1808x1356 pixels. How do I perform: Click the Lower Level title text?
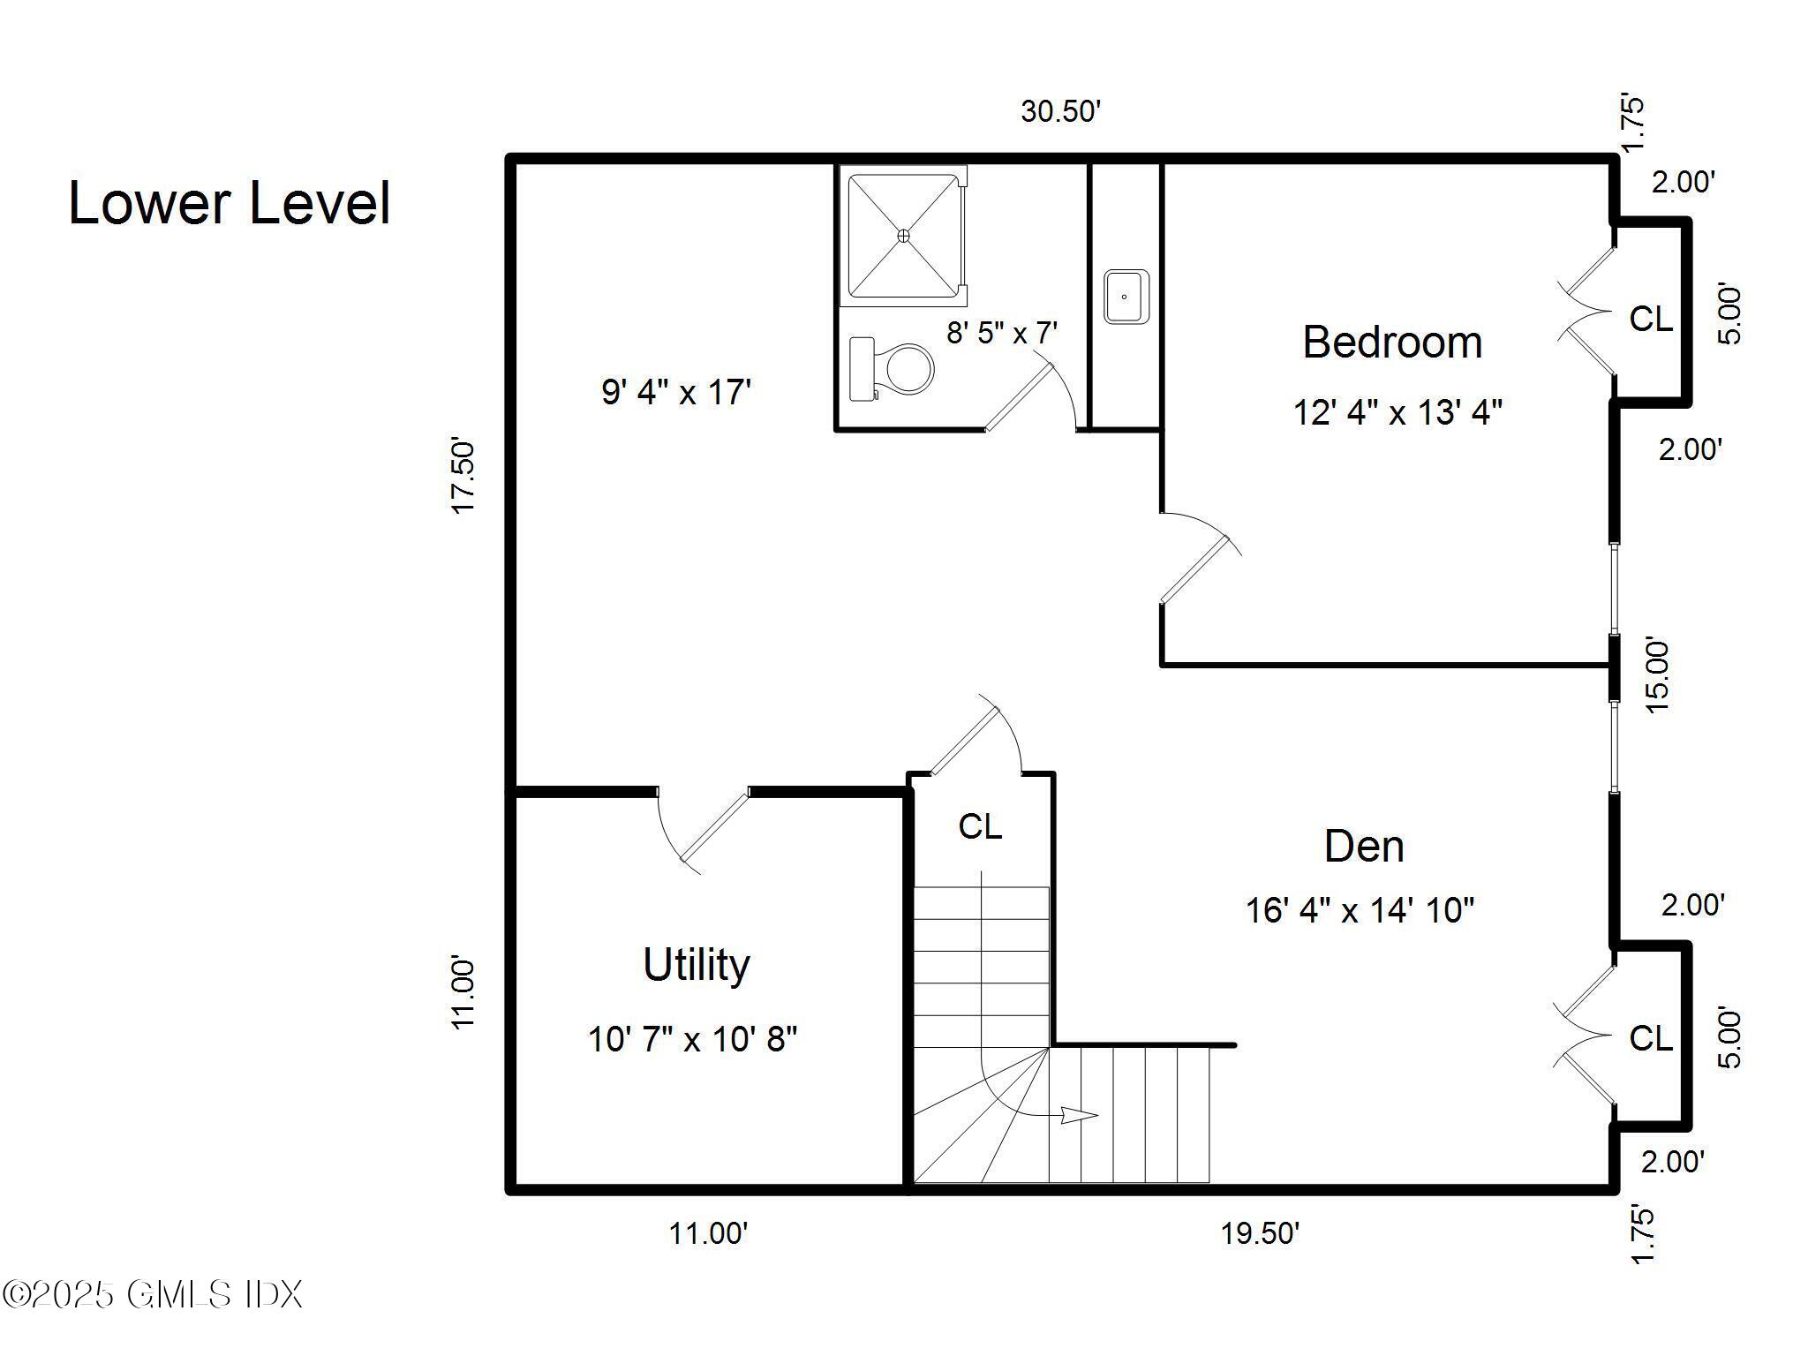[x=229, y=203]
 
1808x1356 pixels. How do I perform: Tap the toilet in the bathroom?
[x=893, y=368]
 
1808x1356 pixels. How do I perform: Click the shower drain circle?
[x=903, y=236]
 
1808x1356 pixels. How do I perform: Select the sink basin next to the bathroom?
[x=1126, y=297]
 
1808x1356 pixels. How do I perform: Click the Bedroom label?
[x=1392, y=343]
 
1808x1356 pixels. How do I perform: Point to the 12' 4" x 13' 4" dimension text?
[x=1397, y=412]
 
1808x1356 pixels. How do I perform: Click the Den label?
[x=1364, y=847]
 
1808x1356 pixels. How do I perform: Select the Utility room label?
[x=696, y=964]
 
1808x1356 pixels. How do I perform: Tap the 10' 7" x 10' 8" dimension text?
[x=692, y=1039]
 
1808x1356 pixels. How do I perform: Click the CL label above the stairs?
[x=980, y=827]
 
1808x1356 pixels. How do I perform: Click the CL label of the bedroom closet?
[x=1650, y=319]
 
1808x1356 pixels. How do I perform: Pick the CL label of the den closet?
[x=1650, y=1038]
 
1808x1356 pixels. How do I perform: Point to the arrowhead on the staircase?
[x=1079, y=1116]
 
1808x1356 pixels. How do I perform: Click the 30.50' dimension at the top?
[x=1060, y=112]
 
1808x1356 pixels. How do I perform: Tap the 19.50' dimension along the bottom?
[x=1260, y=1233]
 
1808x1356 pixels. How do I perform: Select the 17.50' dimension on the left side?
[x=463, y=474]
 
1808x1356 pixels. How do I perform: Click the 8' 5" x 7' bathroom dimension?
[x=1002, y=333]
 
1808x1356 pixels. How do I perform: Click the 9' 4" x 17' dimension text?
[x=676, y=392]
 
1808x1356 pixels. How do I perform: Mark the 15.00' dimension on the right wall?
[x=1657, y=675]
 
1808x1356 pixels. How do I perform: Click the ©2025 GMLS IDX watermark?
[x=152, y=1295]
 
